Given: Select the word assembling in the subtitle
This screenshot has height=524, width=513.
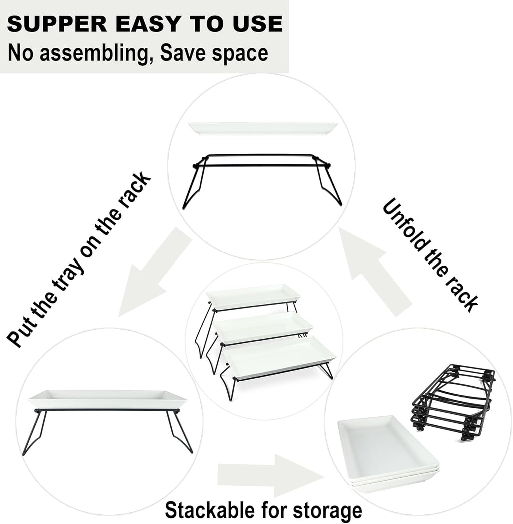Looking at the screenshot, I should (100, 53).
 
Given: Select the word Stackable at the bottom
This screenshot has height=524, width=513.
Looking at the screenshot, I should (210, 511).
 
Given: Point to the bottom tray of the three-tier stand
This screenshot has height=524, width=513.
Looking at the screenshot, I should (279, 357).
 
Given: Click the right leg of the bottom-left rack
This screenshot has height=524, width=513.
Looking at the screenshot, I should (180, 431).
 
